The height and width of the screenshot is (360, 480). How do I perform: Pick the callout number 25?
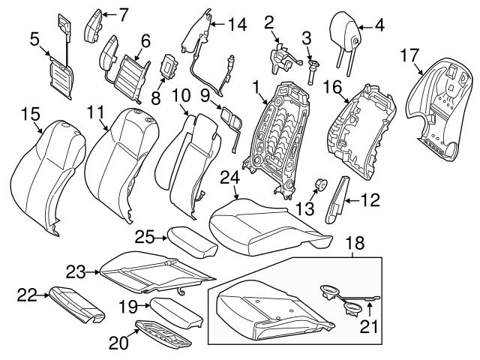pyautogui.click(x=144, y=238)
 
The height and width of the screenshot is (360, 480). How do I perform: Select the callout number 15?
pyautogui.click(x=30, y=113)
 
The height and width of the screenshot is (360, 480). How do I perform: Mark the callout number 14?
pyautogui.click(x=238, y=24)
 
